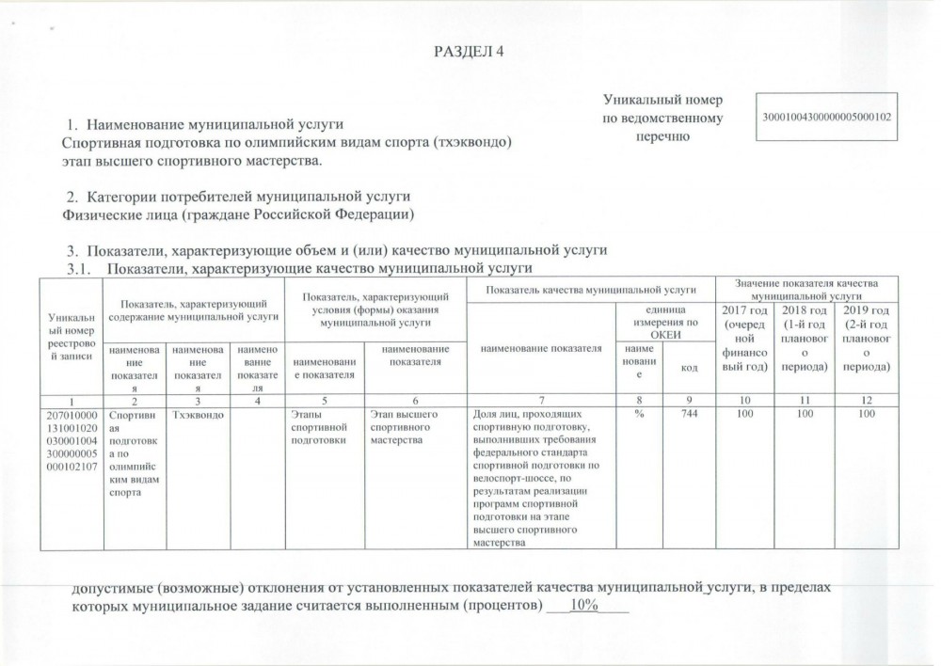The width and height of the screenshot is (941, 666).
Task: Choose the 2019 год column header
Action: point(865,338)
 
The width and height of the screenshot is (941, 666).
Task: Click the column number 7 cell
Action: point(541,400)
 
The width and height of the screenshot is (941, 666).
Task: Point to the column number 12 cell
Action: point(865,400)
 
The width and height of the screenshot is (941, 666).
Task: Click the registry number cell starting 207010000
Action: point(74,452)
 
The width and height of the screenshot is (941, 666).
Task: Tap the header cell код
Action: point(684,366)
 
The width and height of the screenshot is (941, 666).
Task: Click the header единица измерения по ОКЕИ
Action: point(662,322)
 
